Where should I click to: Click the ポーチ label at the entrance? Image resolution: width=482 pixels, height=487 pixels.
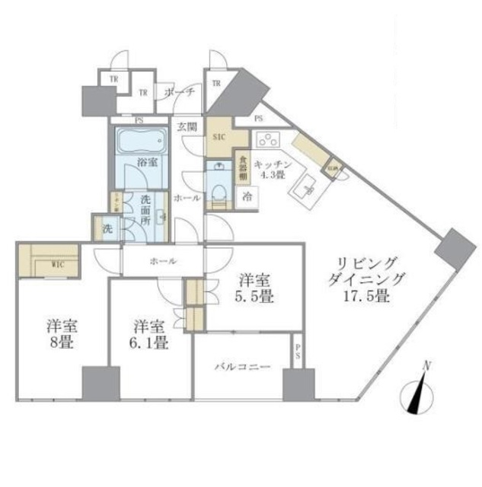(x=180, y=92)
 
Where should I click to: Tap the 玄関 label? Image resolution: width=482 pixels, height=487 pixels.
(x=187, y=127)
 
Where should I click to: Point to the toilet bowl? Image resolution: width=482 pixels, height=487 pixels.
(x=216, y=186)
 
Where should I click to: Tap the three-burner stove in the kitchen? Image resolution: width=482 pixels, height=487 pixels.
(x=268, y=139)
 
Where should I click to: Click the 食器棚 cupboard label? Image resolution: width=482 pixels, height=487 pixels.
(x=241, y=166)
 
